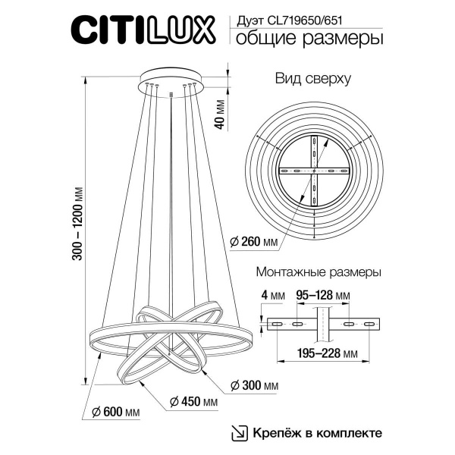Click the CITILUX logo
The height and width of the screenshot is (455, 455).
[148, 31]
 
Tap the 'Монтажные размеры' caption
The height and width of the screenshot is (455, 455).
[318, 271]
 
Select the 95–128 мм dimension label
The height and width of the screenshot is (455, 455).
[323, 294]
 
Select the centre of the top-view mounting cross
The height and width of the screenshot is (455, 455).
[313, 174]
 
